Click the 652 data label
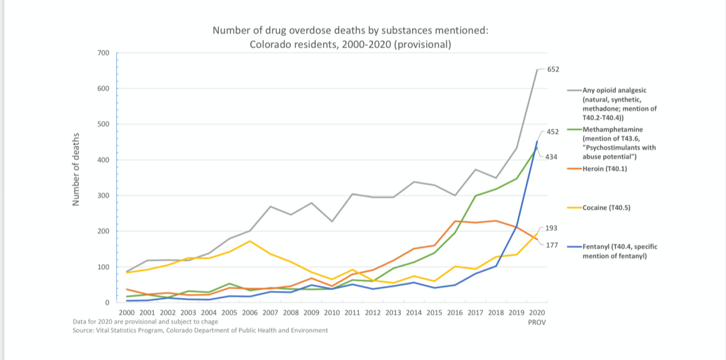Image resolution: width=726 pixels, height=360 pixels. click(x=553, y=69)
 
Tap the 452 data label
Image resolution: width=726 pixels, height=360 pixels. click(x=553, y=132)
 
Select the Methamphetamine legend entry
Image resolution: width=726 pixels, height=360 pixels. click(x=619, y=143)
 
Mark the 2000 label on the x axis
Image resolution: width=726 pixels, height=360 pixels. click(x=126, y=312)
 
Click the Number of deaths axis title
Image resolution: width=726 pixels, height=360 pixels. click(x=76, y=169)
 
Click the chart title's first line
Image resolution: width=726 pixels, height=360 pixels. click(x=350, y=30)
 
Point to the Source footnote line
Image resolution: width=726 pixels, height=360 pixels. click(x=200, y=330)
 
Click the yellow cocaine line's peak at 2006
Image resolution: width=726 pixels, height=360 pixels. click(x=250, y=241)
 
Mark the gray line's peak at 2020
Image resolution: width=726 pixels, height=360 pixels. click(x=537, y=70)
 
